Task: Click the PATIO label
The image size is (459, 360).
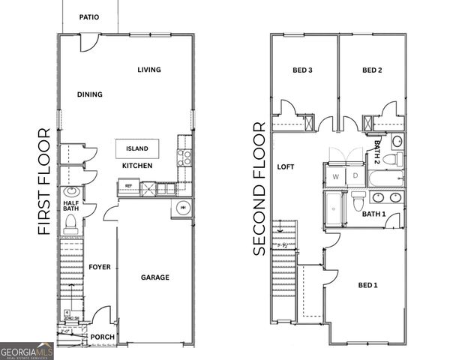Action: point(88,16)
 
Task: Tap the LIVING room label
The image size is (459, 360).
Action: point(149,70)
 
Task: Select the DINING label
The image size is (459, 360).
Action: point(90,94)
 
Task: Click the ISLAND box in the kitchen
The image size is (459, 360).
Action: point(137,148)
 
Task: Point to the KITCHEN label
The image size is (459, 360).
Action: point(137,165)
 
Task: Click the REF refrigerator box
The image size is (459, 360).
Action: point(128,186)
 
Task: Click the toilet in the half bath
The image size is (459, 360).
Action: point(71,223)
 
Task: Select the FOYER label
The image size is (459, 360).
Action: point(100,267)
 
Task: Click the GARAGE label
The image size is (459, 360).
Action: point(155,277)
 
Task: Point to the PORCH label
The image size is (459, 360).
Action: point(103,337)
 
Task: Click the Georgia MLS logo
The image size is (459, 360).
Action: point(27,350)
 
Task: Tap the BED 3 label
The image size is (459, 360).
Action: point(302,70)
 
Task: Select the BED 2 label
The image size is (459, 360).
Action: point(372,70)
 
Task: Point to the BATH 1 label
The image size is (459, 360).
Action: point(373,214)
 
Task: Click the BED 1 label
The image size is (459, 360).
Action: point(367,285)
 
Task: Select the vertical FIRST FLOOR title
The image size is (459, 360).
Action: point(43,181)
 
